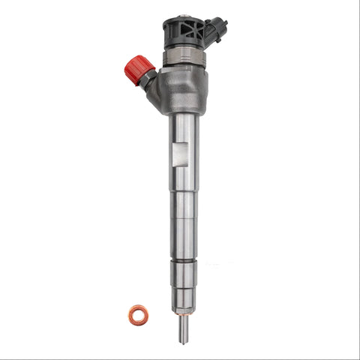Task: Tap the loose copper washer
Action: point(138,315)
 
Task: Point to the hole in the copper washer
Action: point(138,315)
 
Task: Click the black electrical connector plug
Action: point(217,30)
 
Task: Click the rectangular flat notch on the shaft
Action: point(177,158)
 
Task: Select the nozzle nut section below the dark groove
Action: point(183,274)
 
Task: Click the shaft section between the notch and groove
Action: point(183,217)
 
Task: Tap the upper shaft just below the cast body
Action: point(183,127)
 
